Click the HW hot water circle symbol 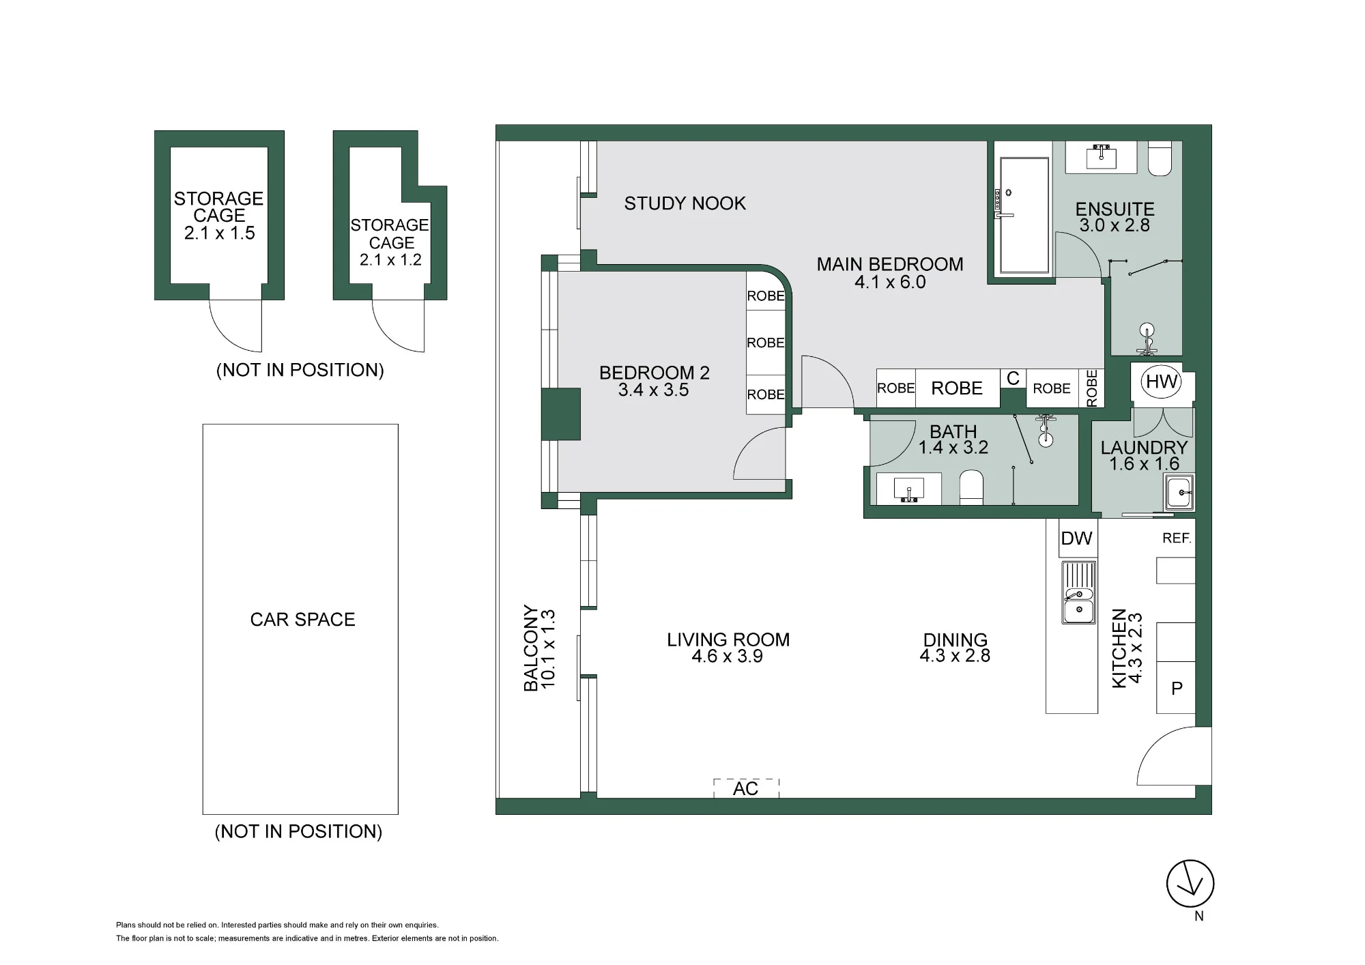tap(1162, 381)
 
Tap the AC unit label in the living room tap(746, 789)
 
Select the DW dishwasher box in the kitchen tap(1077, 538)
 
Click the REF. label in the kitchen tap(1177, 538)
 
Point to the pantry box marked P tap(1176, 688)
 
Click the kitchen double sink tap(1078, 592)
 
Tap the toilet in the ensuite tap(1160, 158)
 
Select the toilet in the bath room tap(971, 489)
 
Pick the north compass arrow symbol tap(1190, 883)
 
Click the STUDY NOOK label tap(685, 203)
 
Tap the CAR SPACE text tap(302, 620)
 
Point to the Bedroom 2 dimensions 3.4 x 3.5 tap(653, 390)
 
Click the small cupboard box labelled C tap(1013, 379)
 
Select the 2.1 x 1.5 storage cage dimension tap(219, 233)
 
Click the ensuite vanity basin tap(1101, 157)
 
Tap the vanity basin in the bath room tap(909, 489)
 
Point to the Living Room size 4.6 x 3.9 tap(727, 657)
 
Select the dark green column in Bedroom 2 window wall tap(560, 414)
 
